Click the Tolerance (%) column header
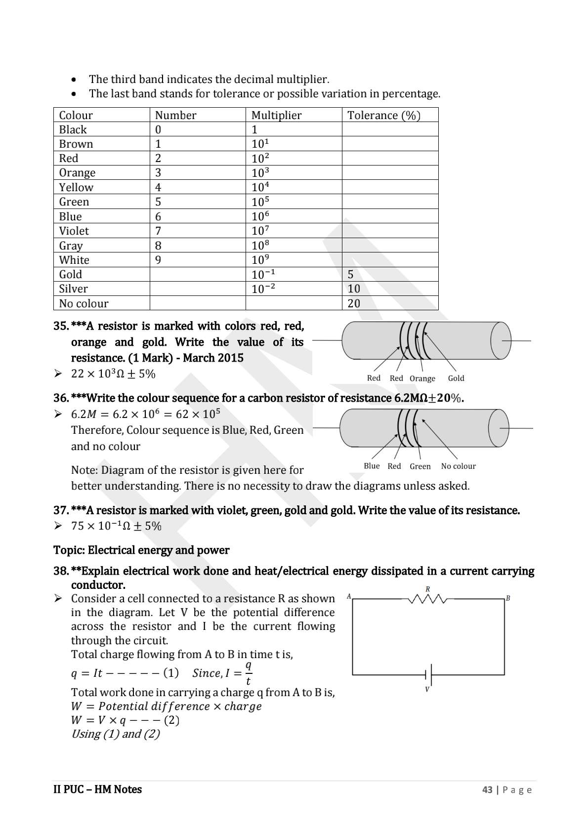point(383,115)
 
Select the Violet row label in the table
point(74,231)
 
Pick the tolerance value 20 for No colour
point(354,303)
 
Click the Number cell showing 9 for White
point(158,260)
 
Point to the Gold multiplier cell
point(263,275)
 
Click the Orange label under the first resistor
point(422,378)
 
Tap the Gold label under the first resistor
point(456,378)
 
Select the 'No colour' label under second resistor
point(458,466)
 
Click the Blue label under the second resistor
point(372,466)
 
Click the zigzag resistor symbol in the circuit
point(427,599)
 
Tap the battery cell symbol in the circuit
point(429,674)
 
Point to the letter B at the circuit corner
point(507,598)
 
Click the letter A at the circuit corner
point(349,596)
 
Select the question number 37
point(61,510)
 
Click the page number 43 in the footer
point(487,789)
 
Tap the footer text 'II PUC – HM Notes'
point(97,789)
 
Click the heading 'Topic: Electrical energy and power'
point(141,550)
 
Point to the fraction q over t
point(248,673)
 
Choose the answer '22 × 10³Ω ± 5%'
point(113,374)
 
